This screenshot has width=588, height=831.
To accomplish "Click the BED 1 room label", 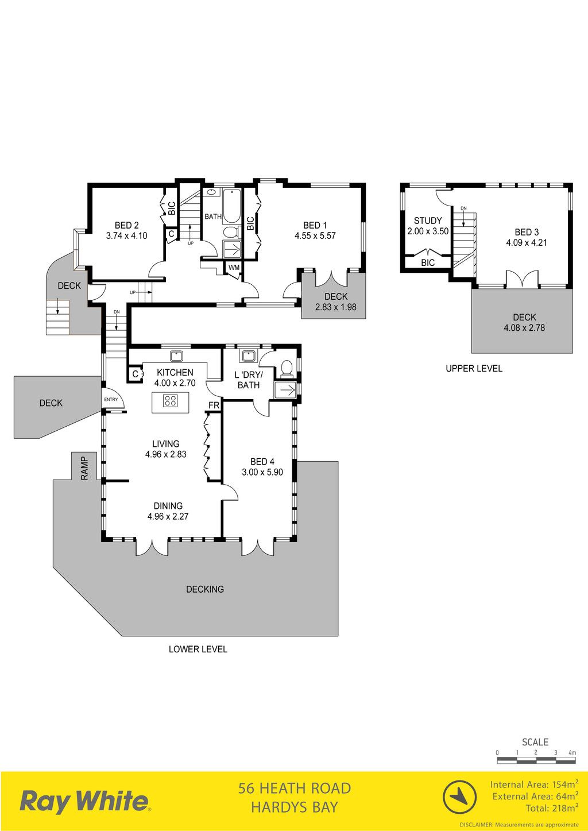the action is coord(315,225).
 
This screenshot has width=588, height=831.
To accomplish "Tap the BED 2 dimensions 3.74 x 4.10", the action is coord(126,235).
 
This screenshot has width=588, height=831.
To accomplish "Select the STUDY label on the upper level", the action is coord(428,221).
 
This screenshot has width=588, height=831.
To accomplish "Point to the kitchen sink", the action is coord(177,356).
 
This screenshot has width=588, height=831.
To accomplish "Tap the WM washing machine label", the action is coord(234,268).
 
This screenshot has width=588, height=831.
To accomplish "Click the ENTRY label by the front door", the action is coord(111,399).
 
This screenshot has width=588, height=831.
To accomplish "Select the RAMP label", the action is coord(84,468).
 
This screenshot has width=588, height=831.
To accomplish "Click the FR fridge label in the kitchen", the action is coord(214,405).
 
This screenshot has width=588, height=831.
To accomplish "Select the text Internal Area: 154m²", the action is coord(534,784).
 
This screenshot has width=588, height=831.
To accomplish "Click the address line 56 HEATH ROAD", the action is coord(295,788).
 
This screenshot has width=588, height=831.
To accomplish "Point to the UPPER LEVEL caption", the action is coord(474,368).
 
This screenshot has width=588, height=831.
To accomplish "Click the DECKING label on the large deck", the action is coord(205,589).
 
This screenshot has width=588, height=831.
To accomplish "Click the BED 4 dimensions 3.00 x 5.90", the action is coord(262,472).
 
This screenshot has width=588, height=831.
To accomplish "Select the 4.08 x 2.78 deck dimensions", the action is coord(524,327).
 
